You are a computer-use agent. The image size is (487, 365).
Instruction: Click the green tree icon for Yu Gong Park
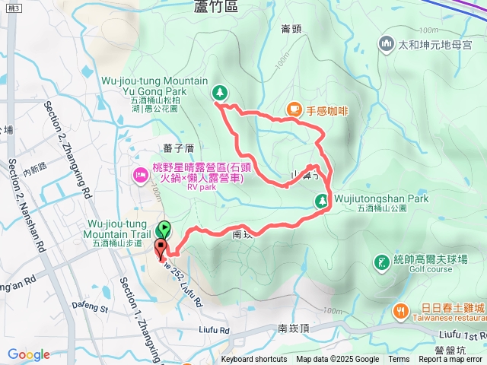(x=220, y=92)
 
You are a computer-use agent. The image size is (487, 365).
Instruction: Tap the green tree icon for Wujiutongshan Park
(x=322, y=201)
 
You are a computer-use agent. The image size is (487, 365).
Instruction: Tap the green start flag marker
(x=163, y=228)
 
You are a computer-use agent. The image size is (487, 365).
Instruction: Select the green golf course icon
(x=381, y=263)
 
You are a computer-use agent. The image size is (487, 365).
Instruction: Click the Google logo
(x=29, y=354)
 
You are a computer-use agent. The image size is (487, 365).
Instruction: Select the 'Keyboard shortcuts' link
(x=255, y=360)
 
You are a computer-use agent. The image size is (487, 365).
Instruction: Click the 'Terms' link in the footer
(x=399, y=360)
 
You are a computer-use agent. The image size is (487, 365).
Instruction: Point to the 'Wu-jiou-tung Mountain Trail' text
(x=116, y=229)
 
